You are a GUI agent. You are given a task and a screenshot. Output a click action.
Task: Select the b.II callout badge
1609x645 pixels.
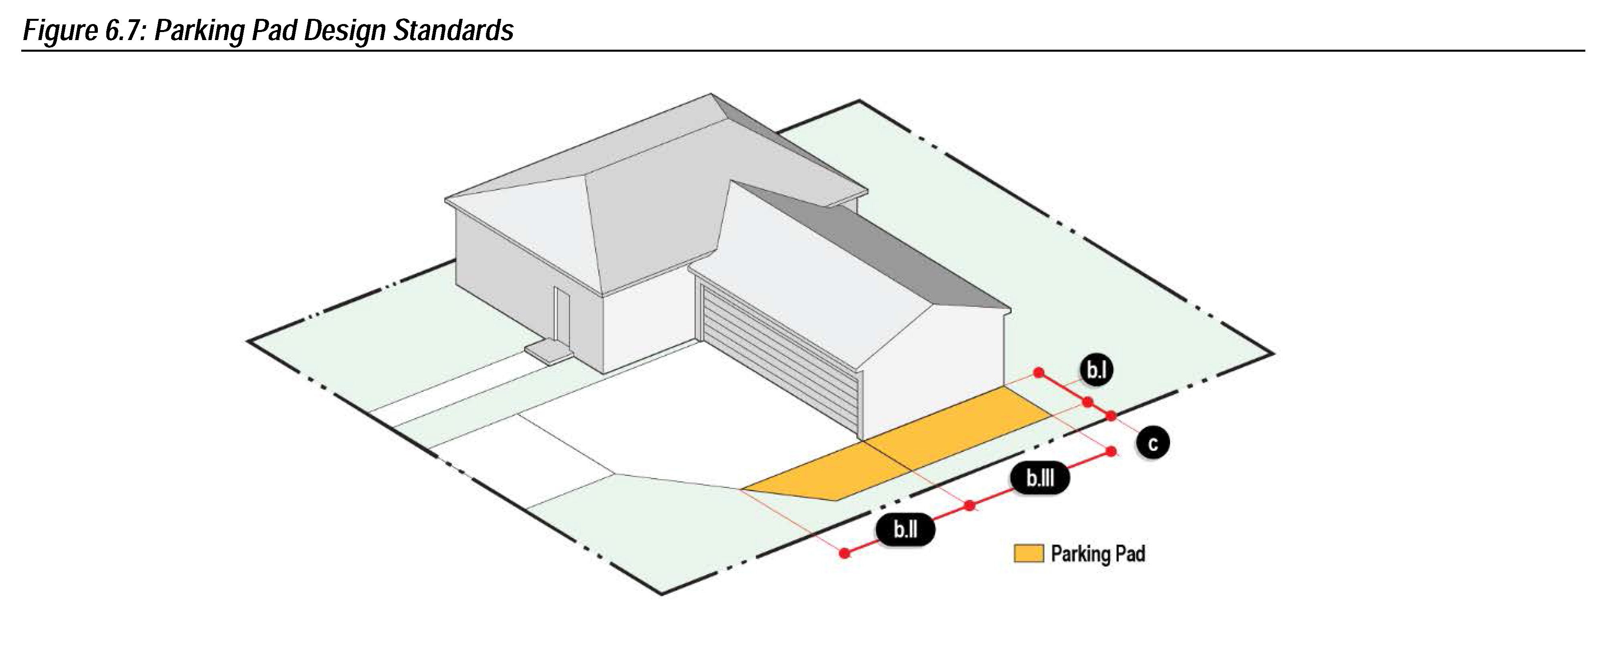905,530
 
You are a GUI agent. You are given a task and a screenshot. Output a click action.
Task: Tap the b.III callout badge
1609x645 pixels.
1040,478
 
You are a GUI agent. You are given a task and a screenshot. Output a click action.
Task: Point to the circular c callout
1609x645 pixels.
1152,443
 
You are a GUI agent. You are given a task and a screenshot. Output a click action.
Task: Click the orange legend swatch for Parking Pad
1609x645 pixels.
1028,554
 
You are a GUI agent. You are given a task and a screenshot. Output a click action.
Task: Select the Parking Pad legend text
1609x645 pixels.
1097,554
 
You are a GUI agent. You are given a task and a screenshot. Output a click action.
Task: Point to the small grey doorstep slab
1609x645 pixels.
548,351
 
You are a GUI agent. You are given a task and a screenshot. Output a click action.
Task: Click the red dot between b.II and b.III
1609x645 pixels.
969,506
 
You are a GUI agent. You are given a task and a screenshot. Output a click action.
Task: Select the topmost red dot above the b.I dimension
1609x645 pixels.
1039,373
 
